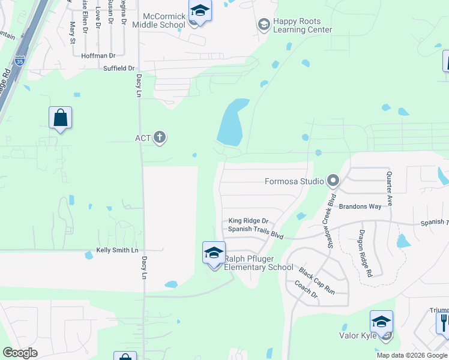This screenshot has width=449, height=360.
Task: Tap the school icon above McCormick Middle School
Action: click(x=199, y=11)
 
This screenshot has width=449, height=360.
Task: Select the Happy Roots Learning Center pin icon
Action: click(x=263, y=25)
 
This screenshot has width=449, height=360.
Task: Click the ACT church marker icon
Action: click(x=160, y=138)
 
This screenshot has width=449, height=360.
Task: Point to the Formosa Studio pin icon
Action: click(x=333, y=181)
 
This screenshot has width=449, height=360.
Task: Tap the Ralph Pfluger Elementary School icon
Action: click(x=214, y=253)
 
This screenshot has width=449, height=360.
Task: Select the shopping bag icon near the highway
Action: click(x=61, y=118)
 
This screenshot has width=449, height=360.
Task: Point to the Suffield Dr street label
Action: click(x=119, y=68)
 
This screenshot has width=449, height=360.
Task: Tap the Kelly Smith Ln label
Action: click(x=117, y=250)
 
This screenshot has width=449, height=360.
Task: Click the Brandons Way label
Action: click(x=360, y=206)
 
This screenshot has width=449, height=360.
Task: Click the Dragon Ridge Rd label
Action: click(x=366, y=253)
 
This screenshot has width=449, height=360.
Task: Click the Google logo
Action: click(x=20, y=353)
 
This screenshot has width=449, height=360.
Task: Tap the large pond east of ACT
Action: click(x=233, y=123)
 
